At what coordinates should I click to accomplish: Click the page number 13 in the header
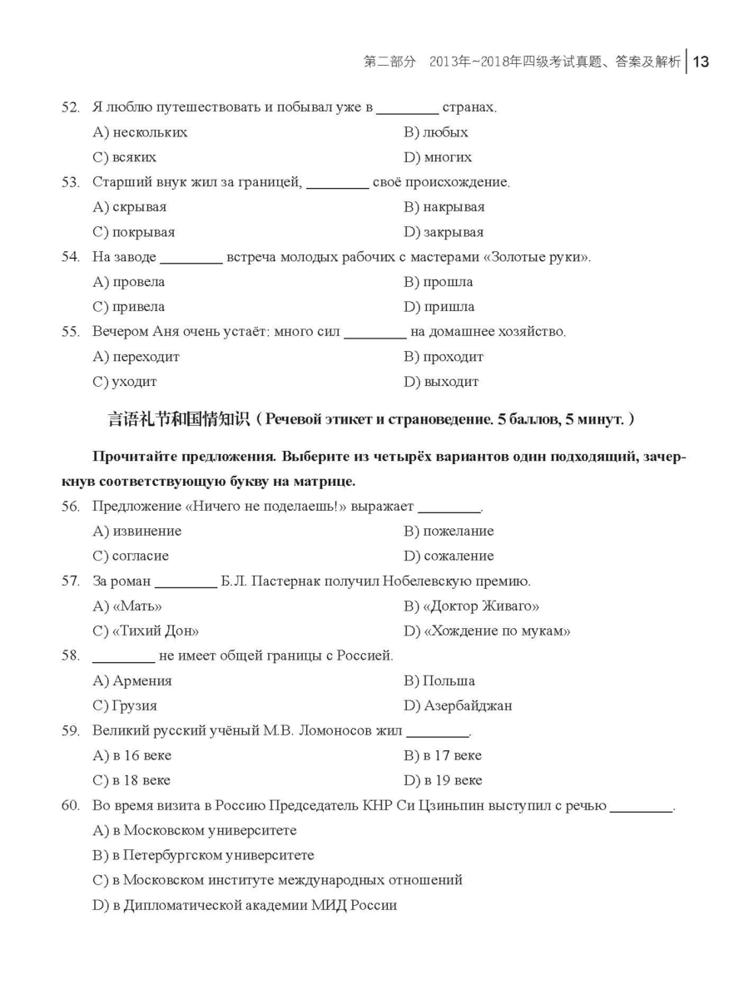(x=700, y=62)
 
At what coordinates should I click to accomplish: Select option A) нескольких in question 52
(x=140, y=132)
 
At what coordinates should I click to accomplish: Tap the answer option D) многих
(x=438, y=157)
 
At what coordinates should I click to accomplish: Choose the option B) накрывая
(x=444, y=207)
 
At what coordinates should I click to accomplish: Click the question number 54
(x=71, y=257)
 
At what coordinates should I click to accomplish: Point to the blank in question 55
(x=374, y=334)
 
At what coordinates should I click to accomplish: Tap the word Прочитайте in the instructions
(x=135, y=457)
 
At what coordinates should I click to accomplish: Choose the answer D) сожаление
(x=449, y=556)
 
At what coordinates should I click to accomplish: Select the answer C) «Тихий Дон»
(x=146, y=631)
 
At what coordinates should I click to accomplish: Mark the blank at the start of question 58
(x=123, y=658)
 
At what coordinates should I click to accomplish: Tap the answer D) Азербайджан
(x=458, y=705)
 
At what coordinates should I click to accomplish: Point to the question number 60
(x=71, y=806)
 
